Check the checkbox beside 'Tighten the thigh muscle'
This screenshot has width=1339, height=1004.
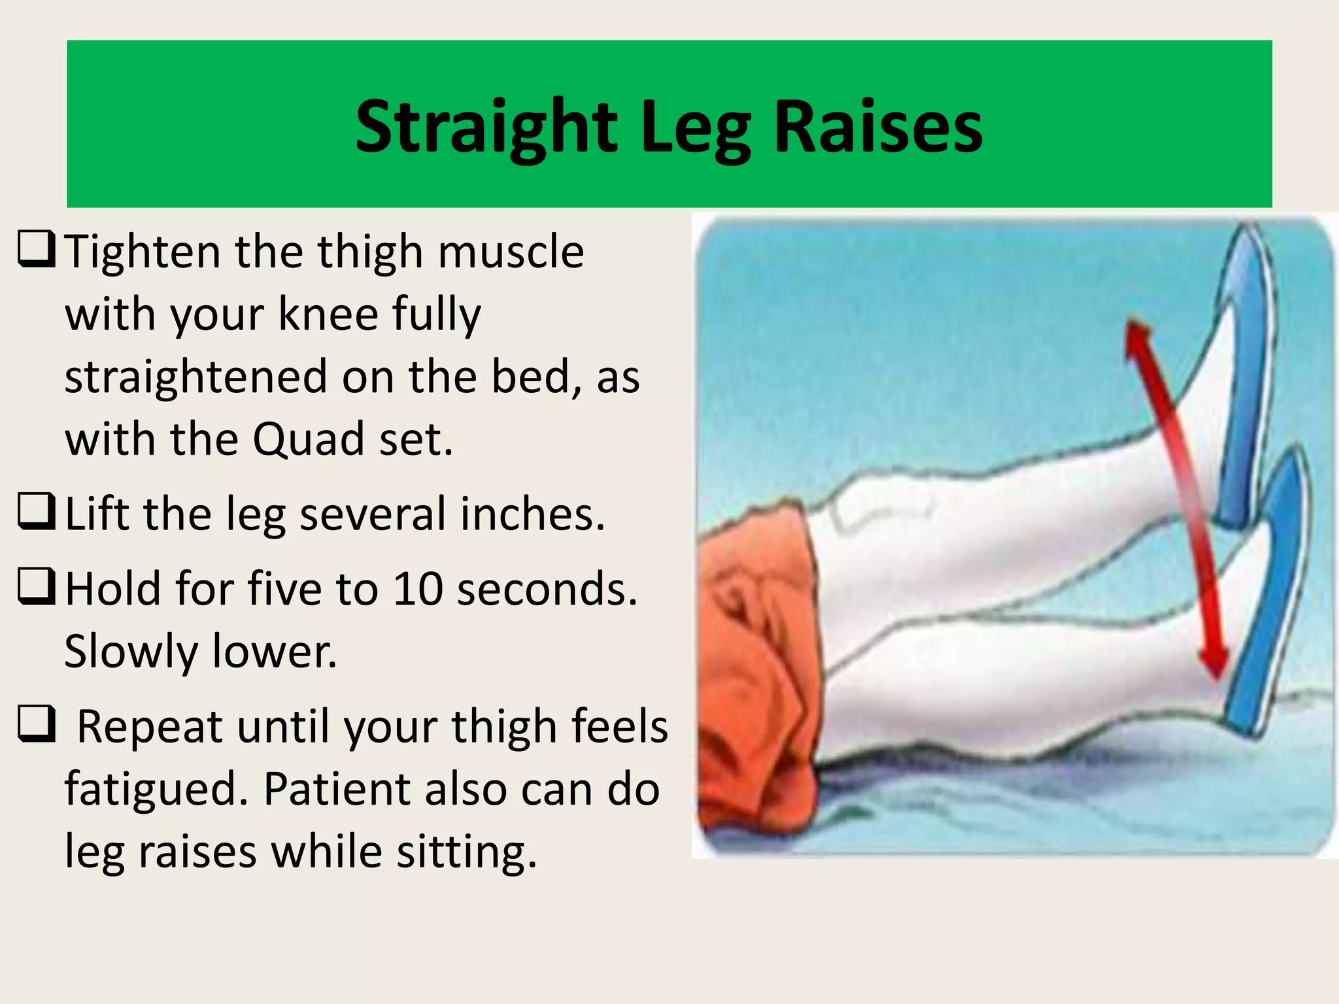point(36,249)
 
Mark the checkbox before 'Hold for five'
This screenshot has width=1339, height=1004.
point(36,586)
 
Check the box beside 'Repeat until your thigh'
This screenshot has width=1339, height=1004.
point(36,724)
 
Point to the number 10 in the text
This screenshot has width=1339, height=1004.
point(418,589)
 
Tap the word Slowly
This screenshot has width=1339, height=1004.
point(131,652)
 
